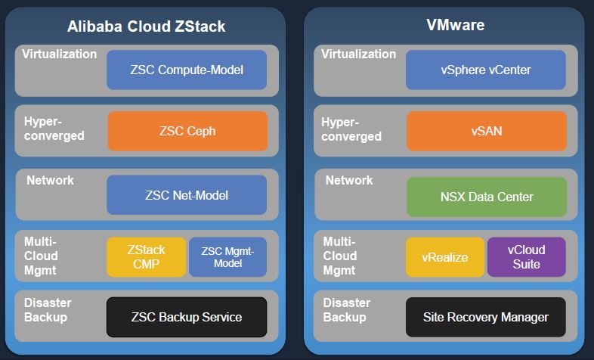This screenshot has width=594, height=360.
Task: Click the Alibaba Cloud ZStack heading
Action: [x=146, y=26]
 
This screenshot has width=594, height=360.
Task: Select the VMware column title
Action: [x=455, y=25]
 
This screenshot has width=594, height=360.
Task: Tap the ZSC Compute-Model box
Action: [x=187, y=70]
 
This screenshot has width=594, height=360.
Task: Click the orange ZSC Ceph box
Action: [x=187, y=131]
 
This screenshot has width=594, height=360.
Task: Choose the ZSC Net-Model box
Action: [x=187, y=195]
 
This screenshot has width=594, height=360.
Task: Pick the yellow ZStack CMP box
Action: [x=146, y=257]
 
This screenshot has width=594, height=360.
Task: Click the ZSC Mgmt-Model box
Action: [x=227, y=257]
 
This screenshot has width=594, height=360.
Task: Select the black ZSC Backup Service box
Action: [x=187, y=317]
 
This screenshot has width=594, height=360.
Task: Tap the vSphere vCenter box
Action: [x=486, y=70]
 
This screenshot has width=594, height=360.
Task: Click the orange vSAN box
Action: [x=487, y=131]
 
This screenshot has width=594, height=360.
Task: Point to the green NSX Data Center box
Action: [x=487, y=197]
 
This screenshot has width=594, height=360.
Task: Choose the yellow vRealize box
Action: [x=444, y=257]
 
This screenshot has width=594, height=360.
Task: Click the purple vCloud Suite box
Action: [x=526, y=257]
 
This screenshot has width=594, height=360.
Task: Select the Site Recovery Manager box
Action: [x=486, y=317]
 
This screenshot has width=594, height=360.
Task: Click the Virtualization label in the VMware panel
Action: [x=358, y=54]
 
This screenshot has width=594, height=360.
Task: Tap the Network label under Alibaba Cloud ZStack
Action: [x=50, y=181]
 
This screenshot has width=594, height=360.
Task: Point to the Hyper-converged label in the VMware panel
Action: [x=351, y=129]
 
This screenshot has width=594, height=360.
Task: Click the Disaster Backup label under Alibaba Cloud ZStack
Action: [x=48, y=309]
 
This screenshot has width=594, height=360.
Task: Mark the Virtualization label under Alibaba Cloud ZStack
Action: [x=59, y=54]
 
